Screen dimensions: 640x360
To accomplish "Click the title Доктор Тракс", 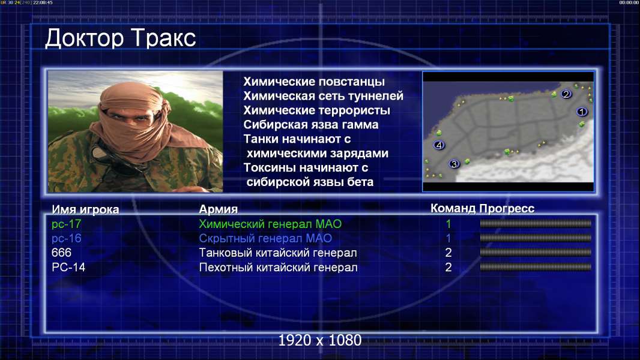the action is tap(121, 38).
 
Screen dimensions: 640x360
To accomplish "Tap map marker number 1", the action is tap(582, 112).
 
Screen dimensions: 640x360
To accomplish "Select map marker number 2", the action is tap(566, 94).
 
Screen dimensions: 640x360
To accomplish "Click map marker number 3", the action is tap(454, 164).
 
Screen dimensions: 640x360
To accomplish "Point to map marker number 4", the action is tap(439, 145).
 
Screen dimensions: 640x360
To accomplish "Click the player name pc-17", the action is tap(66, 224).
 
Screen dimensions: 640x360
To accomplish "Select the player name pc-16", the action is tap(66, 239).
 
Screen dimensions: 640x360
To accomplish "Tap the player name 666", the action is tap(61, 253).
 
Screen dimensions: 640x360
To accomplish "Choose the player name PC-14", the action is tap(68, 268).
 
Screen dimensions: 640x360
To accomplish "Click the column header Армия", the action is tap(218, 209).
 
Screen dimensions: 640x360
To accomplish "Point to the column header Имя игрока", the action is tap(85, 210).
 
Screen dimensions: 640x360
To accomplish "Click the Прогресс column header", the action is tap(507, 209).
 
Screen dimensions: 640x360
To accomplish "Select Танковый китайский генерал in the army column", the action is tap(278, 253).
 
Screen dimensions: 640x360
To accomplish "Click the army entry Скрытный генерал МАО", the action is tap(265, 239).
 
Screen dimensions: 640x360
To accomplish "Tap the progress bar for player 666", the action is tap(536, 253).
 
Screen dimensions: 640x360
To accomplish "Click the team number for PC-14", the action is tap(448, 268).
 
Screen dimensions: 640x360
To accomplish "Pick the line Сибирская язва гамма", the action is tap(310, 125).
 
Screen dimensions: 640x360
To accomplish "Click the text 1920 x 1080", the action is tap(319, 340).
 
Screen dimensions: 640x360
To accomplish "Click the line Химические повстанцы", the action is tap(314, 82).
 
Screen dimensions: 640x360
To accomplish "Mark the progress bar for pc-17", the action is tap(536, 223).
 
